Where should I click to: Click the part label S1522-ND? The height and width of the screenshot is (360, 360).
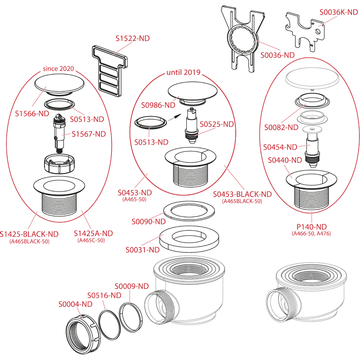pyautogui.click(x=132, y=39)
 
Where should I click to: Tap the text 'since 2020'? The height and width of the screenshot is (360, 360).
pyautogui.click(x=58, y=69)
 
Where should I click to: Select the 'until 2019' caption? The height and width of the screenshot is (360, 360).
pyautogui.click(x=184, y=72)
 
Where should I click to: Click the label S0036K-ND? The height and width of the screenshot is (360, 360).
pyautogui.click(x=338, y=13)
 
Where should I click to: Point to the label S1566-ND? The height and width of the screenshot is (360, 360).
pyautogui.click(x=31, y=113)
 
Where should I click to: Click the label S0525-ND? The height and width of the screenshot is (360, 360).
pyautogui.click(x=217, y=124)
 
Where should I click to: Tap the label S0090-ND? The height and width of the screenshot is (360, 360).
pyautogui.click(x=148, y=221)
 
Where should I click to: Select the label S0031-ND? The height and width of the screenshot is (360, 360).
pyautogui.click(x=142, y=250)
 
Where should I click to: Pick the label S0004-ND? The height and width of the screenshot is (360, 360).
pyautogui.click(x=75, y=304)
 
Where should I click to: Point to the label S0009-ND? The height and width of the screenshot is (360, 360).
pyautogui.click(x=131, y=286)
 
